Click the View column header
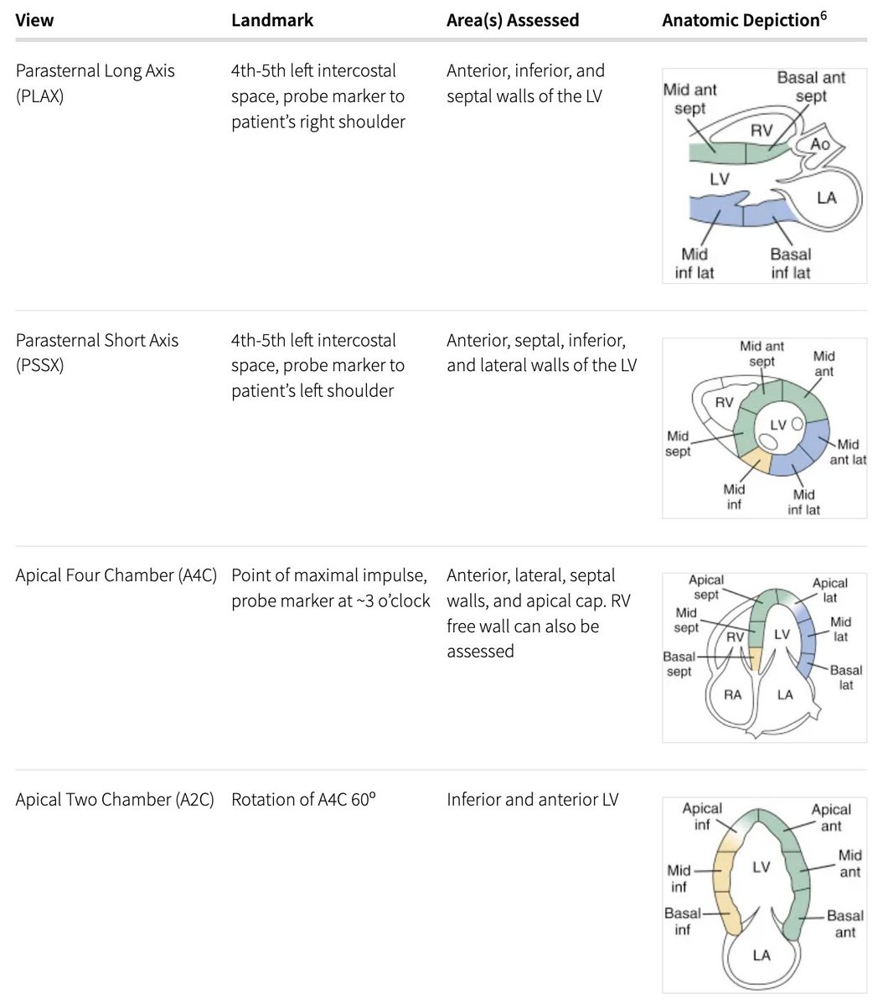coord(34,20)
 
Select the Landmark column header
coord(272,20)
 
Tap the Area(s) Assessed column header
coord(513,20)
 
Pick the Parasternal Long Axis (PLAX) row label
coord(95,83)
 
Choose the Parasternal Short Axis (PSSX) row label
coord(97,353)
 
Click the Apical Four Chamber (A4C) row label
coord(116,575)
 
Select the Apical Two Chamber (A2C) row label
coord(115,800)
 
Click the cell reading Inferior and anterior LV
coord(532,800)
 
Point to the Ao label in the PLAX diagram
coord(820,144)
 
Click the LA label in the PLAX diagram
coord(826,198)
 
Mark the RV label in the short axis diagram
coord(724,403)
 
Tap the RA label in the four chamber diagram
coord(732,694)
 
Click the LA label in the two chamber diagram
coord(761,954)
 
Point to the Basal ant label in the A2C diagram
coord(844,924)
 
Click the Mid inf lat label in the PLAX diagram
coord(695,263)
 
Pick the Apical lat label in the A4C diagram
coord(830,590)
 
